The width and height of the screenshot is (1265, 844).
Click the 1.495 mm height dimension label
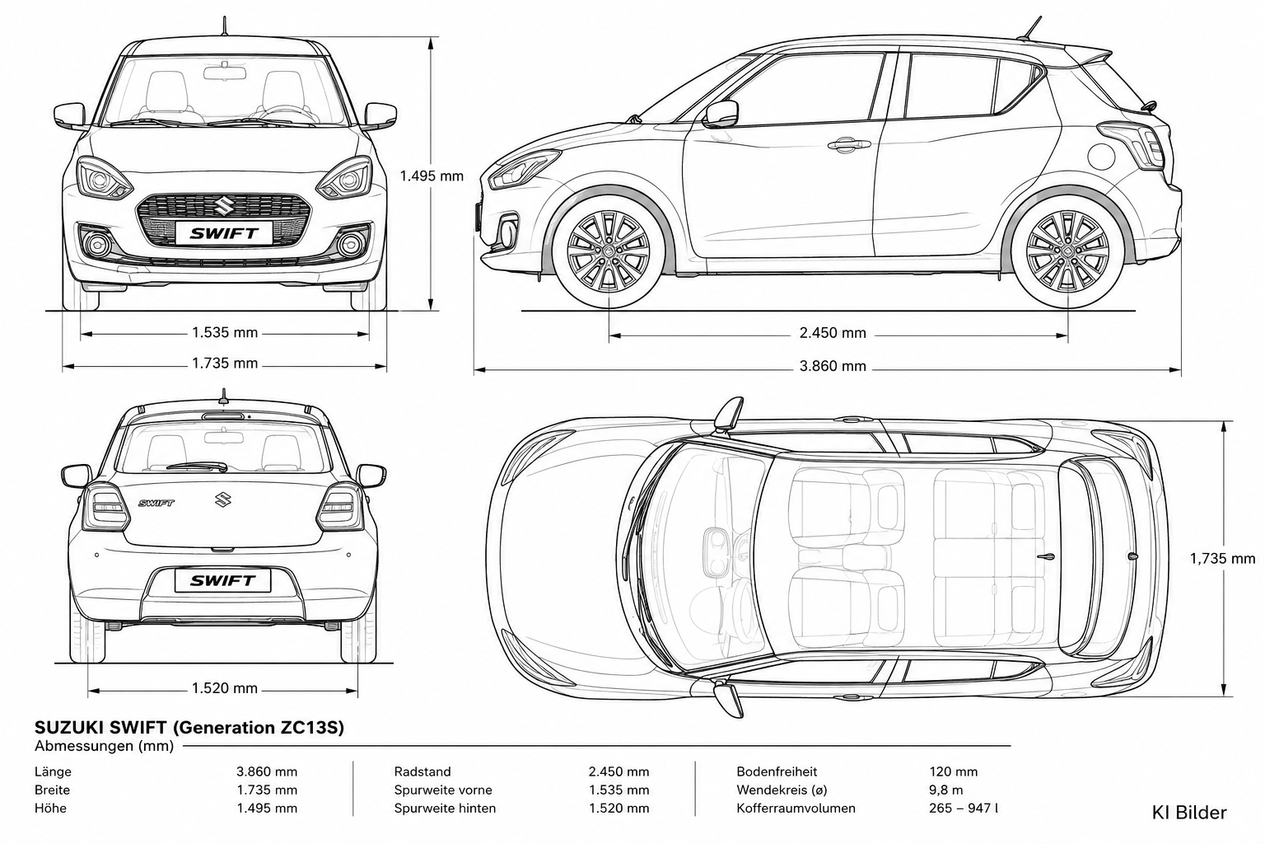pyautogui.click(x=432, y=176)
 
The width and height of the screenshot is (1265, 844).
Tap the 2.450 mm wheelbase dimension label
pyautogui.click(x=833, y=333)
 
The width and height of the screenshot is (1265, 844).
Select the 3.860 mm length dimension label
pyautogui.click(x=833, y=366)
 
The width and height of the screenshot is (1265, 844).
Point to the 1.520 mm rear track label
pyautogui.click(x=225, y=688)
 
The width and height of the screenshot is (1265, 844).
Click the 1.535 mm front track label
pyautogui.click(x=225, y=332)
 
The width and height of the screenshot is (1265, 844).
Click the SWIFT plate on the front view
pyautogui.click(x=224, y=233)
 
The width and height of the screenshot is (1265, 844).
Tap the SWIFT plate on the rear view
pyautogui.click(x=222, y=580)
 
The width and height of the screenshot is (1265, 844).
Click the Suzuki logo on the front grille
pyautogui.click(x=223, y=206)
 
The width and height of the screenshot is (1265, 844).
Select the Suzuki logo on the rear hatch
pyautogui.click(x=222, y=499)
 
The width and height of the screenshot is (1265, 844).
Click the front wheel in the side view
pyautogui.click(x=609, y=251)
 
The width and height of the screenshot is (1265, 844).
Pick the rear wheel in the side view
pyautogui.click(x=1067, y=251)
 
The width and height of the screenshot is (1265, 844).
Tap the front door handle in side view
pyautogui.click(x=849, y=145)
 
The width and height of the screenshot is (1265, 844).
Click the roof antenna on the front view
pyautogui.click(x=225, y=26)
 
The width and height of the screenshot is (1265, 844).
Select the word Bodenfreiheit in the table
pyautogui.click(x=777, y=771)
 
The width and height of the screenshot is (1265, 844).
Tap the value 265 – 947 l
pyautogui.click(x=964, y=809)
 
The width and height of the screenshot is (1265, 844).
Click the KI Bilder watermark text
pyautogui.click(x=1189, y=813)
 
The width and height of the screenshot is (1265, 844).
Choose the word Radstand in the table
pyautogui.click(x=422, y=771)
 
